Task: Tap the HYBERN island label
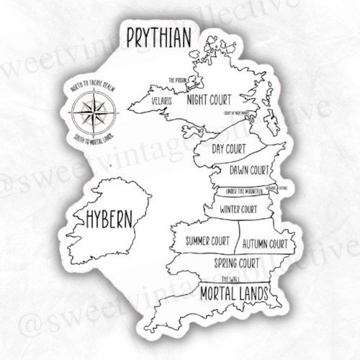click(x=109, y=219)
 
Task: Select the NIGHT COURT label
click(x=209, y=99)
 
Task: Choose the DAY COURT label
click(x=229, y=149)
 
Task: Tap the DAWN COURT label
click(x=249, y=170)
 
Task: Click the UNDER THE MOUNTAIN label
click(x=244, y=191)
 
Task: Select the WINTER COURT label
click(x=238, y=210)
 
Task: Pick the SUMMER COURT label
click(x=207, y=240)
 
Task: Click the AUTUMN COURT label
click(x=265, y=244)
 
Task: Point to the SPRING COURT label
click(x=236, y=263)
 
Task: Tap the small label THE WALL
click(x=231, y=279)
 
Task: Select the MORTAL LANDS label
click(x=234, y=293)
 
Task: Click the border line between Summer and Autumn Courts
click(x=237, y=237)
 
